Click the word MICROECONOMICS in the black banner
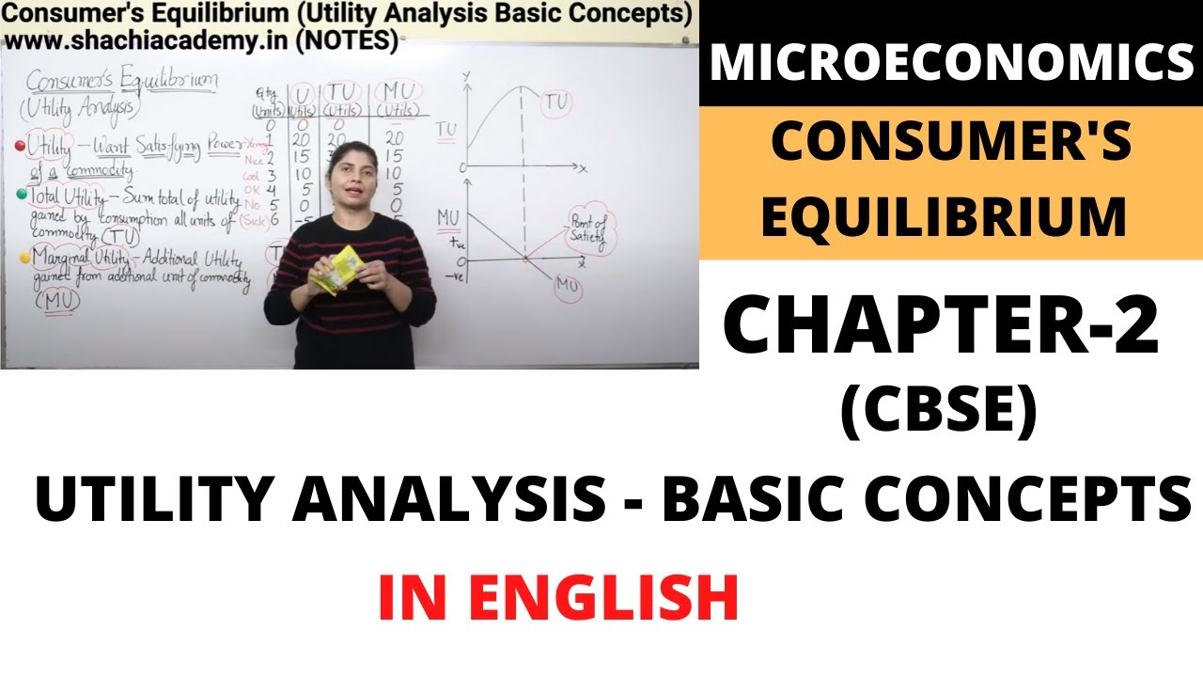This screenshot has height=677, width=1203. click(x=951, y=63)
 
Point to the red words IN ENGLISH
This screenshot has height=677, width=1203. click(x=558, y=598)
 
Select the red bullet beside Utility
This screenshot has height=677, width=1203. click(x=19, y=146)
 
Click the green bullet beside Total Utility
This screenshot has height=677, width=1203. click(x=21, y=194)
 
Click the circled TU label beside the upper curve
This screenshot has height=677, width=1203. click(x=556, y=102)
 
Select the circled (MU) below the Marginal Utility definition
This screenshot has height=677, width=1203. click(x=57, y=301)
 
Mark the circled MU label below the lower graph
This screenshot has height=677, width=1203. click(x=567, y=286)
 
